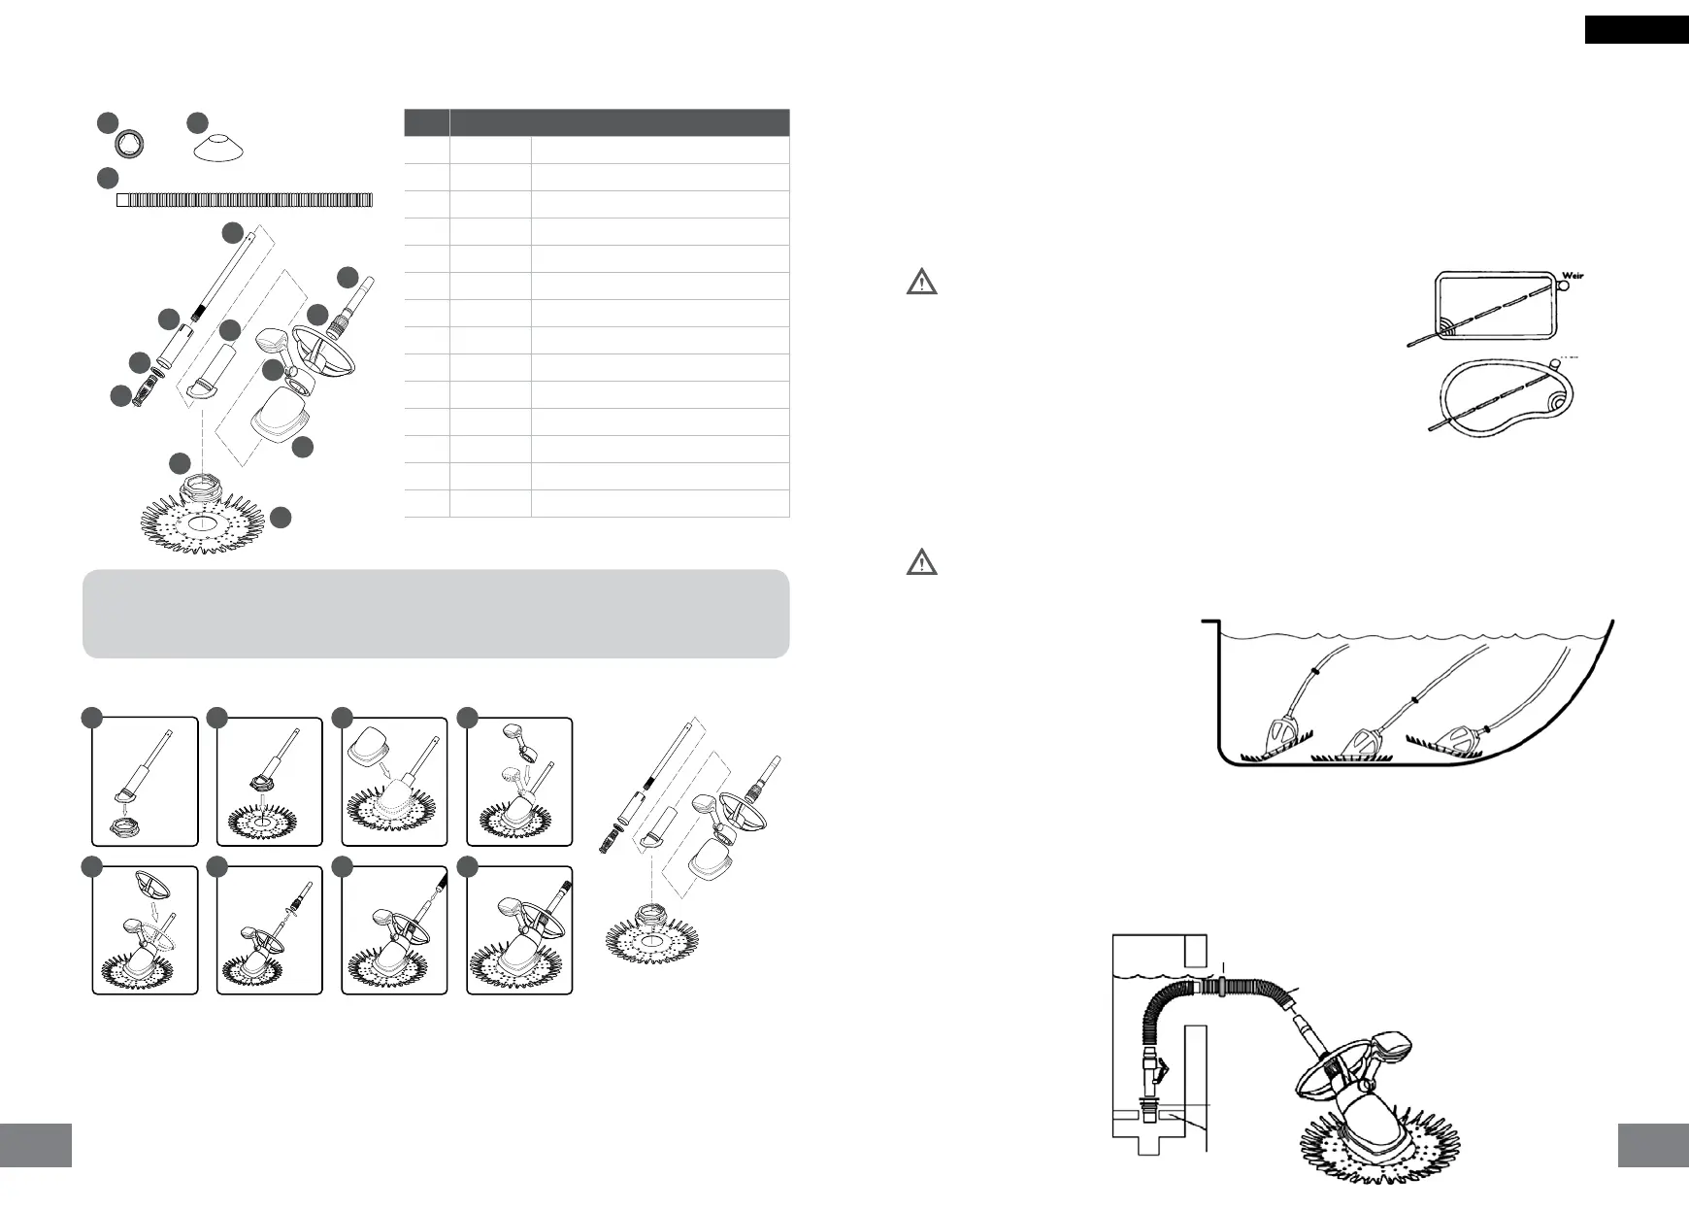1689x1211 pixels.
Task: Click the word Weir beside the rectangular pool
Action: (1573, 276)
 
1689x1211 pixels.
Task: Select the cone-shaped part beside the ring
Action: (218, 149)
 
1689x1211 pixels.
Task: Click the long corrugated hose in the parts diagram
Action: (245, 200)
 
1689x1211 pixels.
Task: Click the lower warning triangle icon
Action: (921, 562)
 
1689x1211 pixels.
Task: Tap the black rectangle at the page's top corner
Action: (1636, 30)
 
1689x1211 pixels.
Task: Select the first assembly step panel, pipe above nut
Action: (145, 782)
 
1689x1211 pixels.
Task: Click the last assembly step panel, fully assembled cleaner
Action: (519, 930)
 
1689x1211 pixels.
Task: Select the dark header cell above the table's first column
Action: (426, 122)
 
